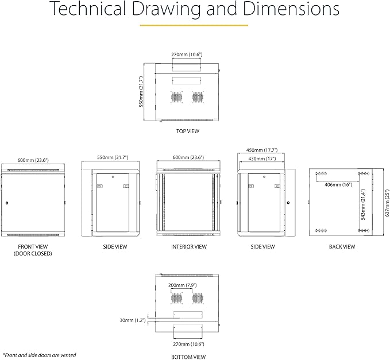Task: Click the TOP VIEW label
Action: click(188, 131)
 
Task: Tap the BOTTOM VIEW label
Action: click(188, 357)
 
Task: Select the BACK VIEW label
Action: click(342, 247)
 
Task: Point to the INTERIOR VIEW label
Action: click(189, 247)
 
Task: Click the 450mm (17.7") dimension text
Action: click(262, 150)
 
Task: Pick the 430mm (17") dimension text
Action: click(262, 158)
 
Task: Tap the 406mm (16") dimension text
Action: click(338, 185)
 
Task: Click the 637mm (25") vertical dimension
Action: click(387, 203)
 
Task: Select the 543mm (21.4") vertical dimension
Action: click(363, 204)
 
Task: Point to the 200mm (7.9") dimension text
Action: click(182, 285)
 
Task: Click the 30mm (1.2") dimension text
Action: click(133, 320)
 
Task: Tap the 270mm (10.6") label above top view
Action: click(187, 55)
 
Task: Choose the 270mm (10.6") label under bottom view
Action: click(188, 344)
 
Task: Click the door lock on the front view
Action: click(7, 203)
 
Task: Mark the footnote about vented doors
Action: click(39, 355)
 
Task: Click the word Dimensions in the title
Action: click(291, 9)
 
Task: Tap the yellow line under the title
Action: click(194, 25)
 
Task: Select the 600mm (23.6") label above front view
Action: click(33, 160)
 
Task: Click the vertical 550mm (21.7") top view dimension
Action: click(141, 91)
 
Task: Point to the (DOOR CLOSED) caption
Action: click(33, 254)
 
